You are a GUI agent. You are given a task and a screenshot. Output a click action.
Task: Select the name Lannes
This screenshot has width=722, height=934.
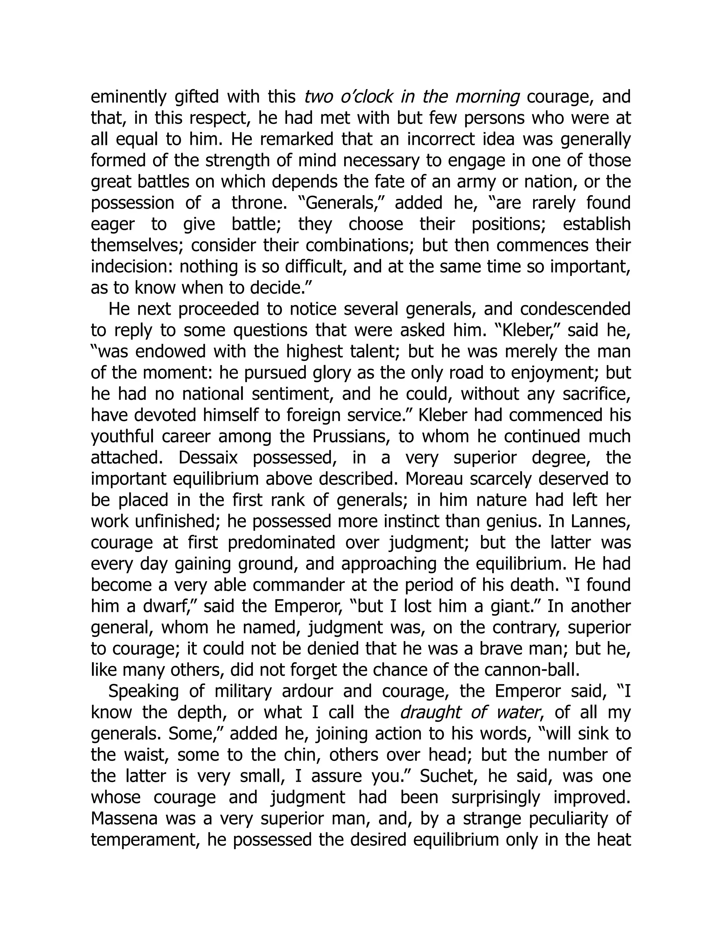(x=600, y=522)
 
